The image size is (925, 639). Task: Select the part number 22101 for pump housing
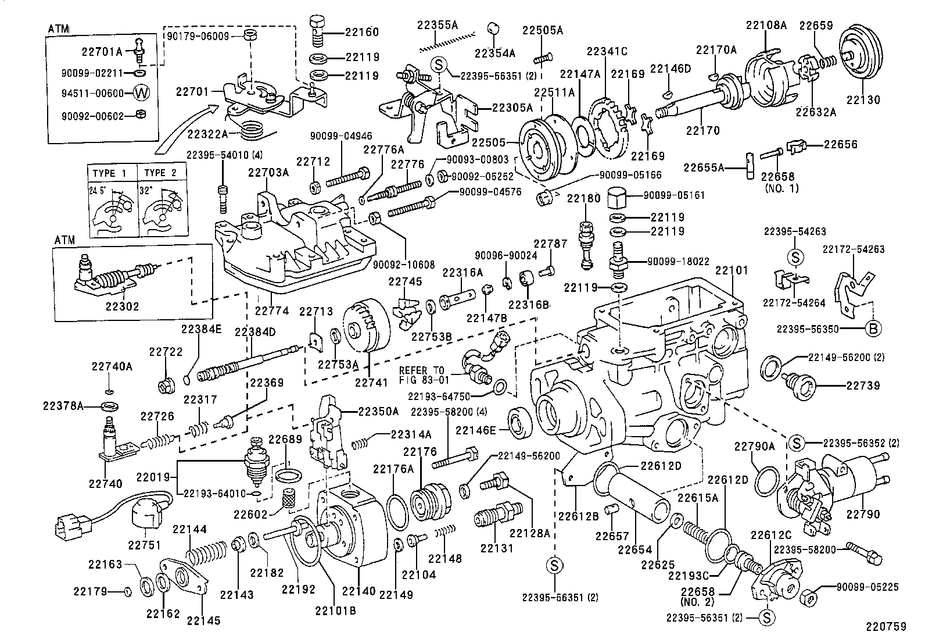point(732,270)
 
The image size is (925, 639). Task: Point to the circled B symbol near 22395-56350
point(873,329)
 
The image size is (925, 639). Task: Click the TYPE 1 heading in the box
point(110,173)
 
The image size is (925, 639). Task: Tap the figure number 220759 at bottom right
point(886,627)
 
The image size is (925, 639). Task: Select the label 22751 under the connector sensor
point(144,545)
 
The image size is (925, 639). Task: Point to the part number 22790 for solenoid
point(863,514)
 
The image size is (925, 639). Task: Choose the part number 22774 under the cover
point(271,311)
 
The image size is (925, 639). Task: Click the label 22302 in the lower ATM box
point(122,306)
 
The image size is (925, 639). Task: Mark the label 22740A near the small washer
point(112,366)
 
